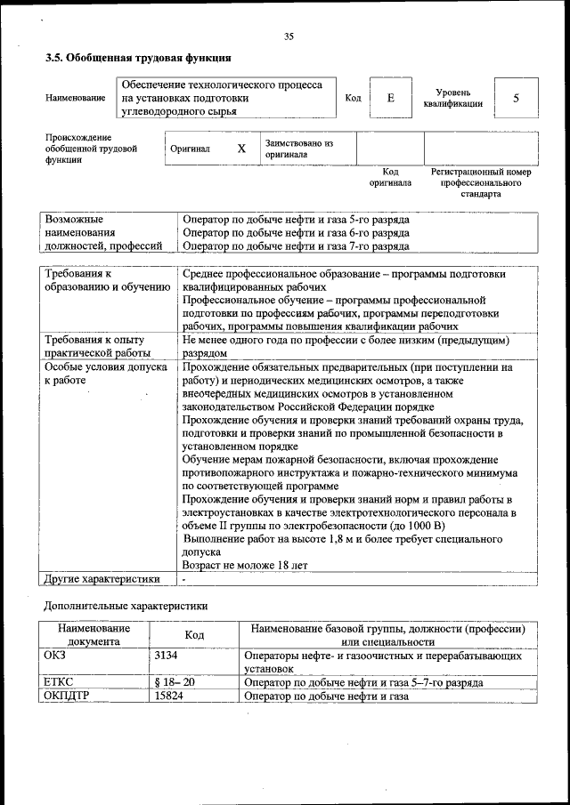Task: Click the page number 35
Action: point(289,36)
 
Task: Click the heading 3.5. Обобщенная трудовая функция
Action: point(138,58)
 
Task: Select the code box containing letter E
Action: point(390,98)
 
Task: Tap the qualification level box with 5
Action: point(516,98)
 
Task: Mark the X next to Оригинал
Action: point(241,149)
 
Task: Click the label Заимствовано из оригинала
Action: point(298,149)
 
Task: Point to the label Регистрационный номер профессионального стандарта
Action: point(480,182)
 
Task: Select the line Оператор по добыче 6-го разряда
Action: point(295,233)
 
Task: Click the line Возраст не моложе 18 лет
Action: point(245,565)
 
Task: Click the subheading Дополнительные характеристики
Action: point(126,606)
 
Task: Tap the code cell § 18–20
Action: point(175,682)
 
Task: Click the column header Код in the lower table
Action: point(194,635)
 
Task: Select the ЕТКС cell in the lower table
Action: point(59,682)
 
